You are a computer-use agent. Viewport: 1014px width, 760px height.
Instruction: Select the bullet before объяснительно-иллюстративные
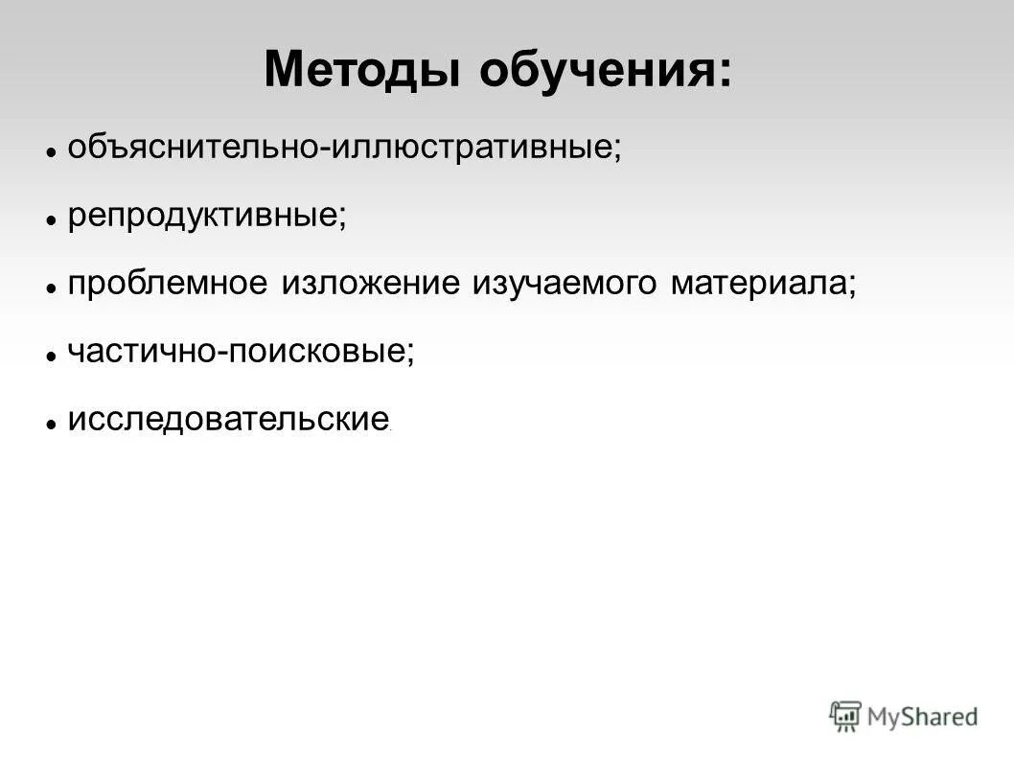click(53, 151)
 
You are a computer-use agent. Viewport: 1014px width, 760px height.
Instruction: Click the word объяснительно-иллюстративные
click(340, 149)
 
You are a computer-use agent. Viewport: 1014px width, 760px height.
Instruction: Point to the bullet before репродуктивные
click(53, 219)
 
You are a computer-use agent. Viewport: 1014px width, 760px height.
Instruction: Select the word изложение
click(370, 285)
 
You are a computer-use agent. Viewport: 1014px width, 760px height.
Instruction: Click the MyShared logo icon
click(845, 715)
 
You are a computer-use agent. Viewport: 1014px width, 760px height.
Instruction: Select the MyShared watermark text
click(922, 716)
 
